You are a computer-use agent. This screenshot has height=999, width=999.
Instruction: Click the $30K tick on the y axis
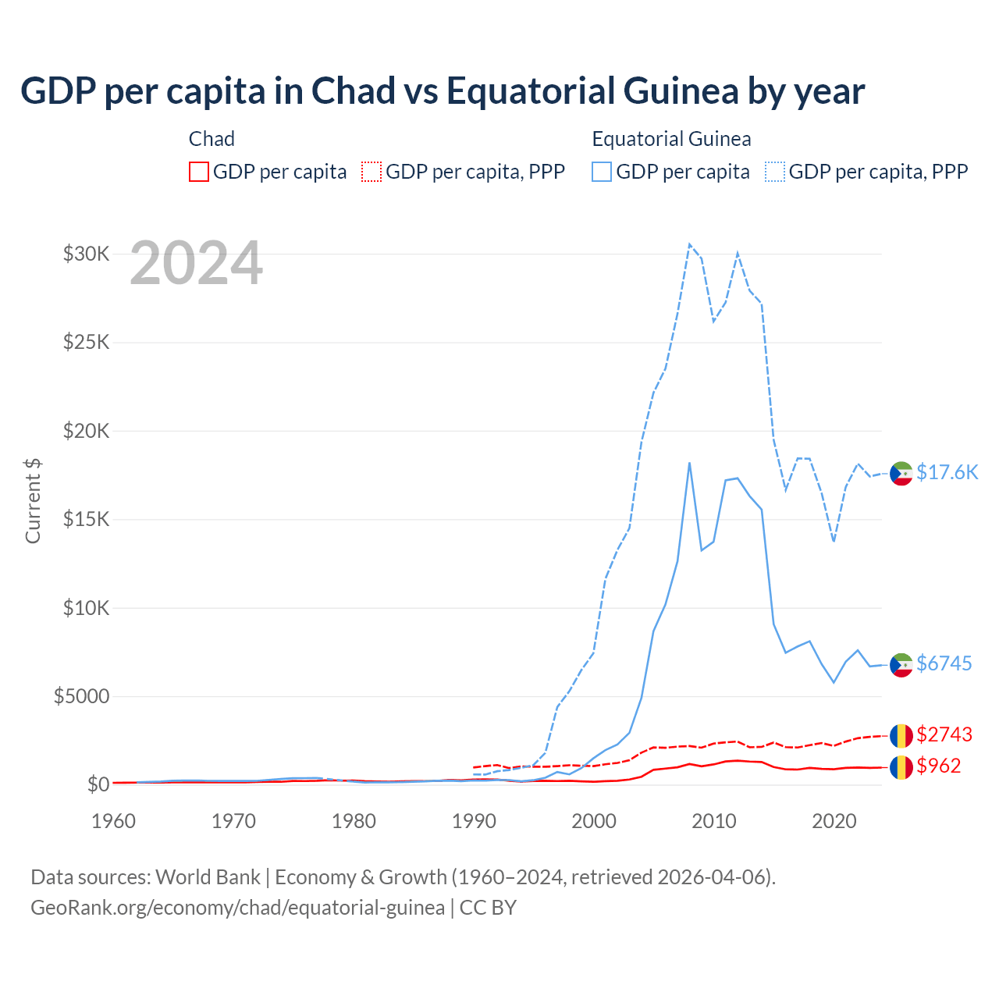86,254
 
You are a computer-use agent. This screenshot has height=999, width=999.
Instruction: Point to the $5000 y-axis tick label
81,696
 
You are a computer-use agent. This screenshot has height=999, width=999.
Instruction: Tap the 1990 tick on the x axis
474,821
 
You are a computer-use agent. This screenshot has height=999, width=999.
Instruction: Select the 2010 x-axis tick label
714,821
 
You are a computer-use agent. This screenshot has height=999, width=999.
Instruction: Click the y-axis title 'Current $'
33,501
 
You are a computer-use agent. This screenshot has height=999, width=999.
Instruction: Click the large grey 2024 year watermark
196,264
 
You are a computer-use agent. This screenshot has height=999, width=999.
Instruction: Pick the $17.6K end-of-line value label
947,472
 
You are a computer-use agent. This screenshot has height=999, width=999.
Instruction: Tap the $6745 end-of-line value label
944,663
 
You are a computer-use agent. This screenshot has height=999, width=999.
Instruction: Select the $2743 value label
944,734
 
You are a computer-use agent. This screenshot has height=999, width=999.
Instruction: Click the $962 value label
938,766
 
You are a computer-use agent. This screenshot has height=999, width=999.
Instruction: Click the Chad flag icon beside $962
901,766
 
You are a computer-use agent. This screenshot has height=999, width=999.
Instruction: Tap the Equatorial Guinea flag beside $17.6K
901,473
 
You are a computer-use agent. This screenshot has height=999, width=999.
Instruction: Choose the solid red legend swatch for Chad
199,172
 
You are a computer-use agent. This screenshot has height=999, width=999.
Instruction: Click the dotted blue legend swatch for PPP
775,172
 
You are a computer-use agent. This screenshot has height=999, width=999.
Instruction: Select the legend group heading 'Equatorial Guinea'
671,139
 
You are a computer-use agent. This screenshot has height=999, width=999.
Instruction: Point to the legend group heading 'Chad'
212,139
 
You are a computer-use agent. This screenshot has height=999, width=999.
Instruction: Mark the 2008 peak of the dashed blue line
689,244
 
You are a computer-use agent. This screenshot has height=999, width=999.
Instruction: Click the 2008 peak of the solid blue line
689,463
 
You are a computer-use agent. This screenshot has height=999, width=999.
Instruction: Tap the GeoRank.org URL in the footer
237,908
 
